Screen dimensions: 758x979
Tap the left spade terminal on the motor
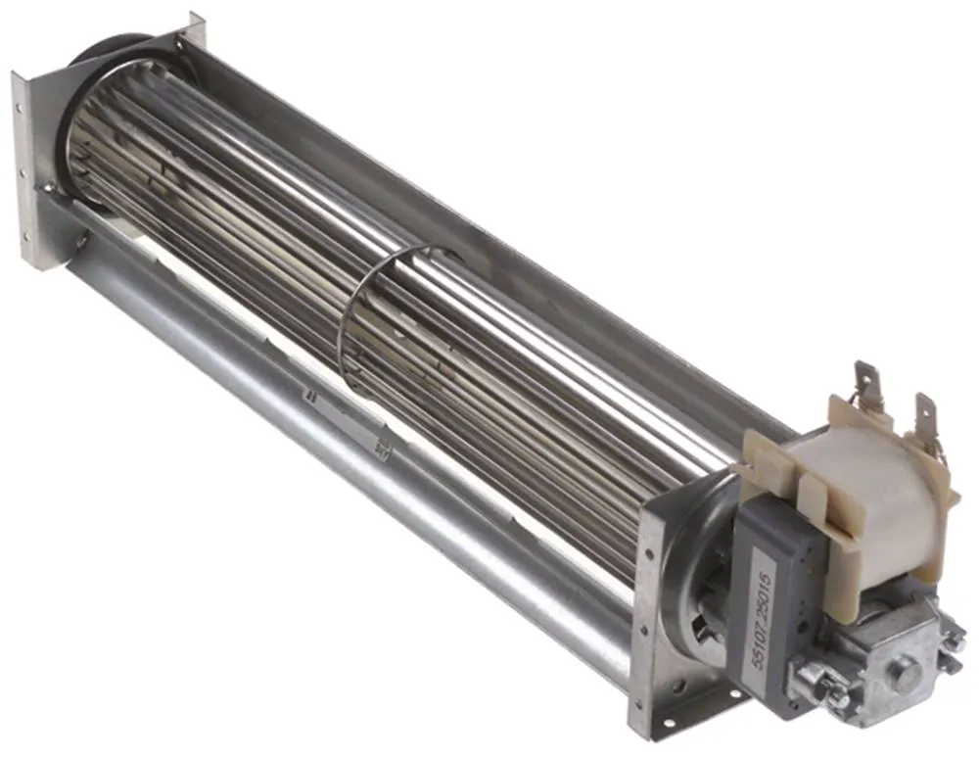865,383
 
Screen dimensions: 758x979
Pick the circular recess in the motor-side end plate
690,588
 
